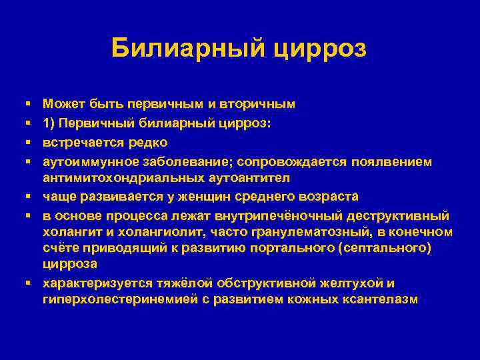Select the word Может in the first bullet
[61, 104]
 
